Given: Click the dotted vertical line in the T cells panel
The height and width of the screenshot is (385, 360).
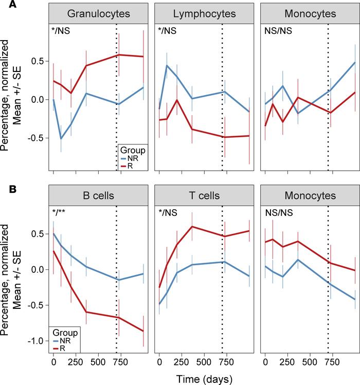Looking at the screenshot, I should tap(222, 283).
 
